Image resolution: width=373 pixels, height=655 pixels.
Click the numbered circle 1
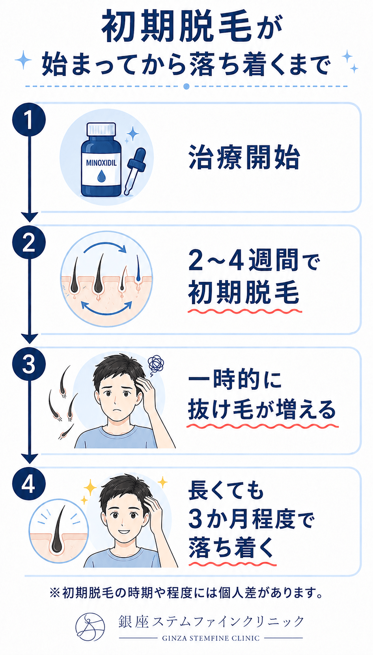(29, 120)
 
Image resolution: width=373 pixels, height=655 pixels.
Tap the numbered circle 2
(29, 242)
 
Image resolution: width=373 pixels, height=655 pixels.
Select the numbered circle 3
(29, 364)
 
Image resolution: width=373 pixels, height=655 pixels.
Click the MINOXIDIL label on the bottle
(101, 163)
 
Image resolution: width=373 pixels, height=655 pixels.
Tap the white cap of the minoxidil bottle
(101, 129)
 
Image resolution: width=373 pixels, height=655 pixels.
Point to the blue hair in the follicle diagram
(138, 268)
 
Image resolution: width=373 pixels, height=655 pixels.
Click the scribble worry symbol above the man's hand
(156, 364)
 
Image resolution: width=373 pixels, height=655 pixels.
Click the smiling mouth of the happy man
(124, 531)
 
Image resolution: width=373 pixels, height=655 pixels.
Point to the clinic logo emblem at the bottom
(90, 627)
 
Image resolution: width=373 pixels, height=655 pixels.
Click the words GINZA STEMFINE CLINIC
(211, 638)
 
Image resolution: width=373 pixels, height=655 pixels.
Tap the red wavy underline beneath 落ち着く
(232, 563)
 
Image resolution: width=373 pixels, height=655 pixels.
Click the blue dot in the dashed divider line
(186, 86)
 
